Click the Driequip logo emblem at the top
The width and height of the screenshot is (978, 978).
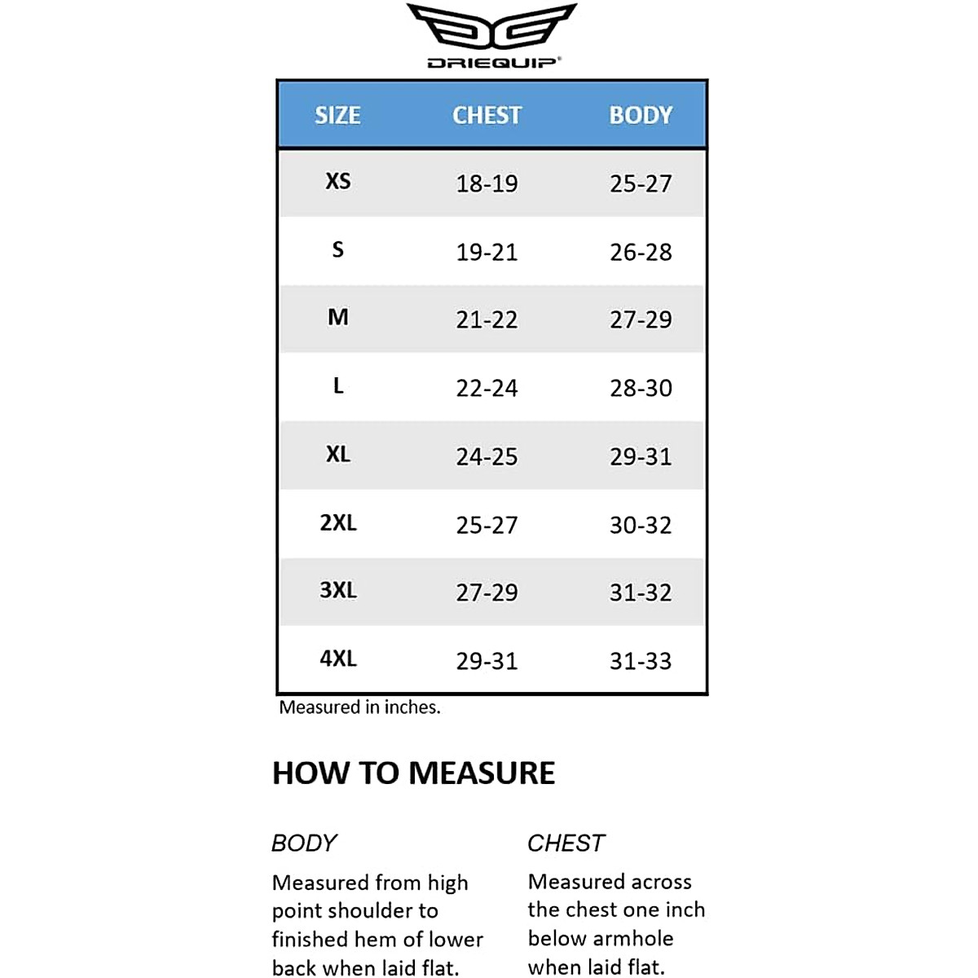tap(491, 28)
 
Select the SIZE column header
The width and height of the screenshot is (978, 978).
tap(337, 115)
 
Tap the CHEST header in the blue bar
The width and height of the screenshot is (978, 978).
tap(487, 115)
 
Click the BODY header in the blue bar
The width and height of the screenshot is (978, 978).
tap(641, 115)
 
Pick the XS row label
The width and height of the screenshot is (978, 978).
tap(337, 181)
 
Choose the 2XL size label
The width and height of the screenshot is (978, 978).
tap(337, 522)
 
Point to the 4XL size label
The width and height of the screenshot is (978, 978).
tap(337, 659)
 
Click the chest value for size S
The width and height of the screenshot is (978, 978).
tap(487, 252)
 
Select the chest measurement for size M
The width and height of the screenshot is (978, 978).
tap(487, 319)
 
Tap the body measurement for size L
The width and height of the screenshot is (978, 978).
tap(641, 388)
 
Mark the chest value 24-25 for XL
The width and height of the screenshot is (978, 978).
tap(487, 456)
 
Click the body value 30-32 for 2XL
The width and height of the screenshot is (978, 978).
tap(641, 525)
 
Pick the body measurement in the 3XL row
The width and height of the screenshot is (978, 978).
tap(641, 593)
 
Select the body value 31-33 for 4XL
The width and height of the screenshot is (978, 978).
tap(641, 661)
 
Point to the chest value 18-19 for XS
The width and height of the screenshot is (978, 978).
tap(487, 183)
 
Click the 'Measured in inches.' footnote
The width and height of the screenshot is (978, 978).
tap(359, 707)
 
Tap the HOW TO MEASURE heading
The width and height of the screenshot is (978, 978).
tap(413, 773)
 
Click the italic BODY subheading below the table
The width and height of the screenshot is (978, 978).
tap(304, 843)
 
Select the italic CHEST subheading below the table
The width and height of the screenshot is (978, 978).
tap(566, 843)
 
